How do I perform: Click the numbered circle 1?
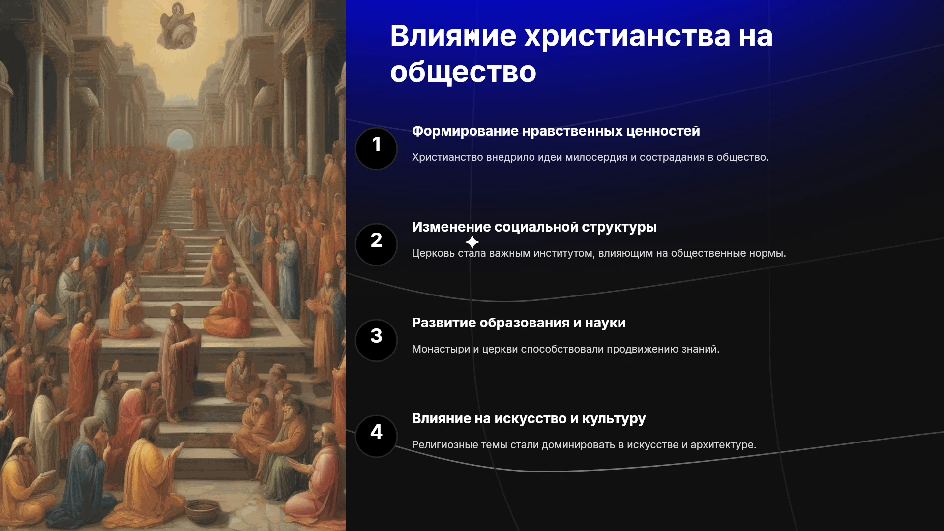[376, 148]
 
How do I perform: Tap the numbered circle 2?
[376, 244]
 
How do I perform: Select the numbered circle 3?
[376, 340]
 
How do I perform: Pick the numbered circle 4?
[376, 436]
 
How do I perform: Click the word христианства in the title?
[627, 36]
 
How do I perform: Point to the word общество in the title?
[463, 72]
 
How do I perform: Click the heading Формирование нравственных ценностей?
[556, 131]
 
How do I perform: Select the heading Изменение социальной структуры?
[534, 227]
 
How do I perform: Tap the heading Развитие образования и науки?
[519, 323]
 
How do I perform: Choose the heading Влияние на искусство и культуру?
[529, 419]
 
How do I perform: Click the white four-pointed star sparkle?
[472, 242]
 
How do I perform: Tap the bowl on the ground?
[202, 511]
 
